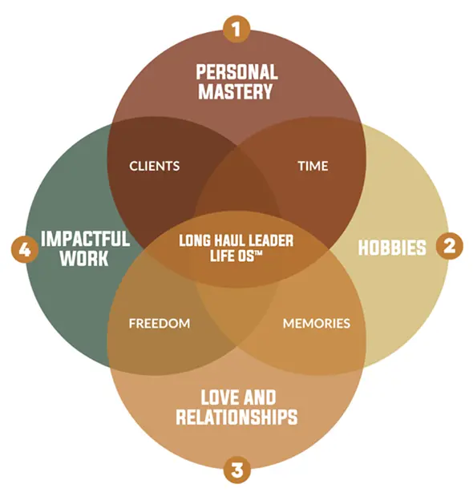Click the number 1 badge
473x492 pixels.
click(x=236, y=29)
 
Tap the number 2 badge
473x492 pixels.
click(x=449, y=246)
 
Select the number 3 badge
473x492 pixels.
click(x=237, y=470)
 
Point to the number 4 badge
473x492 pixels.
click(x=25, y=250)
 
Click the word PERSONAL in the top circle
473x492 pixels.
click(x=237, y=72)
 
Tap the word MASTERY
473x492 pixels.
click(x=236, y=91)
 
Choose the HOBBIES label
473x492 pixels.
click(x=392, y=248)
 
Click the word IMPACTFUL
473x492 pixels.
click(x=85, y=239)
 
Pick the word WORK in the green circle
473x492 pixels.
click(x=84, y=258)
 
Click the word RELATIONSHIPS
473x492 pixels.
click(x=236, y=417)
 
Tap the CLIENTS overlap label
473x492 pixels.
click(x=155, y=166)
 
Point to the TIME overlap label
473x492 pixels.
click(x=313, y=166)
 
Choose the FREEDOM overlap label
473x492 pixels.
click(x=160, y=323)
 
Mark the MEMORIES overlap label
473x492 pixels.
click(x=317, y=323)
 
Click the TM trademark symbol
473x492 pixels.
click(x=258, y=252)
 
